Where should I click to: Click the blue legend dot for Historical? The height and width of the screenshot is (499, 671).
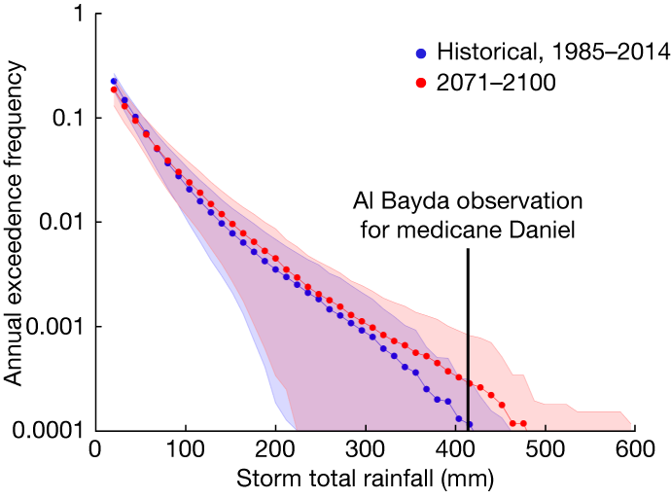420,52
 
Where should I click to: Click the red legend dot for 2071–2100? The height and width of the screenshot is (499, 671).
420,84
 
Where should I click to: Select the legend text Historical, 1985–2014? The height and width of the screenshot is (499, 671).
552,52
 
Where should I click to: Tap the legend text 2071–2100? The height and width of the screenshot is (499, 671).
496,84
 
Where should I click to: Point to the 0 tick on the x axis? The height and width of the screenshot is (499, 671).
95,450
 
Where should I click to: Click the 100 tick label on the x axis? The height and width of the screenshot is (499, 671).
185,450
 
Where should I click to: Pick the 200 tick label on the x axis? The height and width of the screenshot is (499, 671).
275,450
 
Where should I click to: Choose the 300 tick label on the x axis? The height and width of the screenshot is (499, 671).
366,450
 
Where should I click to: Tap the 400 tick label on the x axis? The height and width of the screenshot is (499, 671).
455,450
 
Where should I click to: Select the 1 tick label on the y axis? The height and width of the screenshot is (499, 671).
75,15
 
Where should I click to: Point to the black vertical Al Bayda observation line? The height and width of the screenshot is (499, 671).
468,340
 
